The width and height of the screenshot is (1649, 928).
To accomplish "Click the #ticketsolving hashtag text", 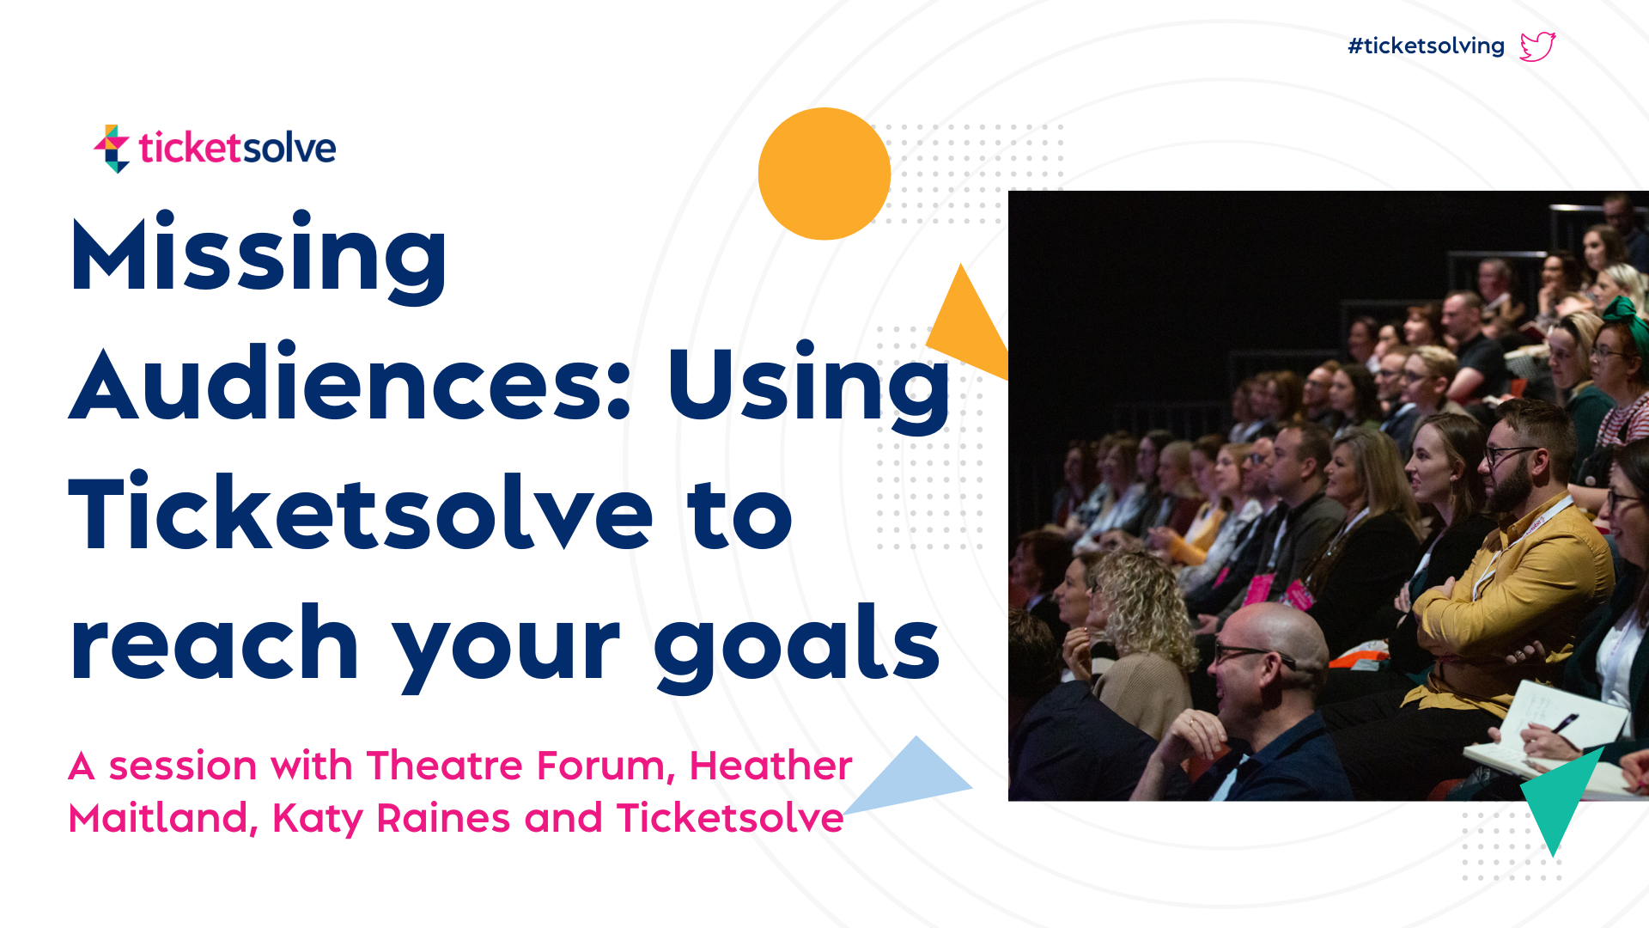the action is (1426, 46).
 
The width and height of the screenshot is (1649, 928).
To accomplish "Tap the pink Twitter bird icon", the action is (1537, 46).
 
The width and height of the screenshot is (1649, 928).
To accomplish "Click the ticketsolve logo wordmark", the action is (237, 148).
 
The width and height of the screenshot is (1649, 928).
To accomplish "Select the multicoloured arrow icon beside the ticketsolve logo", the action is (113, 149).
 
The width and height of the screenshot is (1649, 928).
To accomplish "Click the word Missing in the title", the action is (259, 255).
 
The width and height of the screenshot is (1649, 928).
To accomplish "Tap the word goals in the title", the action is (797, 646).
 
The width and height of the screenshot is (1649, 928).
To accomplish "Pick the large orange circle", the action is (824, 174).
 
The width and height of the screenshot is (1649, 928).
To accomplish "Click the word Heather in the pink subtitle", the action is (770, 765).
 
